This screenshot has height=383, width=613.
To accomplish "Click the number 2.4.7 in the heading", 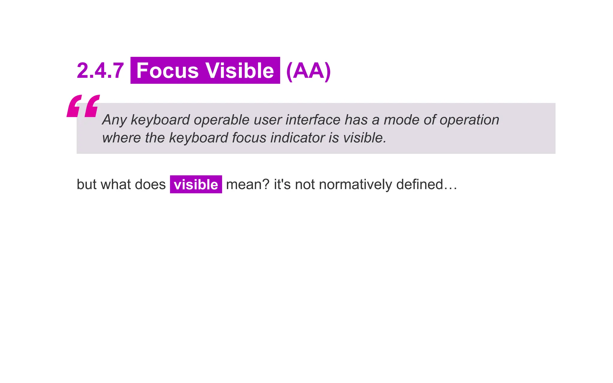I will click(100, 71).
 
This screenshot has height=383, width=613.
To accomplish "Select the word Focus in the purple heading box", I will click(167, 71).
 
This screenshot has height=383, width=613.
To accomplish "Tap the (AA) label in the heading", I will click(308, 71).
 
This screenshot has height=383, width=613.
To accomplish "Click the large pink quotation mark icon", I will click(83, 106).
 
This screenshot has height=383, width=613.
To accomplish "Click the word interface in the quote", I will click(313, 120).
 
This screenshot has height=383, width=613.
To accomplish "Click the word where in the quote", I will click(121, 138).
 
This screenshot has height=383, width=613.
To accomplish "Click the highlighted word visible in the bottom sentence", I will click(196, 185).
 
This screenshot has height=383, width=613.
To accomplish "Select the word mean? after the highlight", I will click(248, 185).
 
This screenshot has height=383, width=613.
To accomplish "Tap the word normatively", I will click(355, 185).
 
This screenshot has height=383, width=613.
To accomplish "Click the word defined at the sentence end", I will click(419, 185).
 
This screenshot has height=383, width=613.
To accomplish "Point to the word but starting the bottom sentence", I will click(87, 185).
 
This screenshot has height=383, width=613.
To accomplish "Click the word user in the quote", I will click(267, 120).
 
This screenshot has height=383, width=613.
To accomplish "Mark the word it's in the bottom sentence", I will click(282, 185).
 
